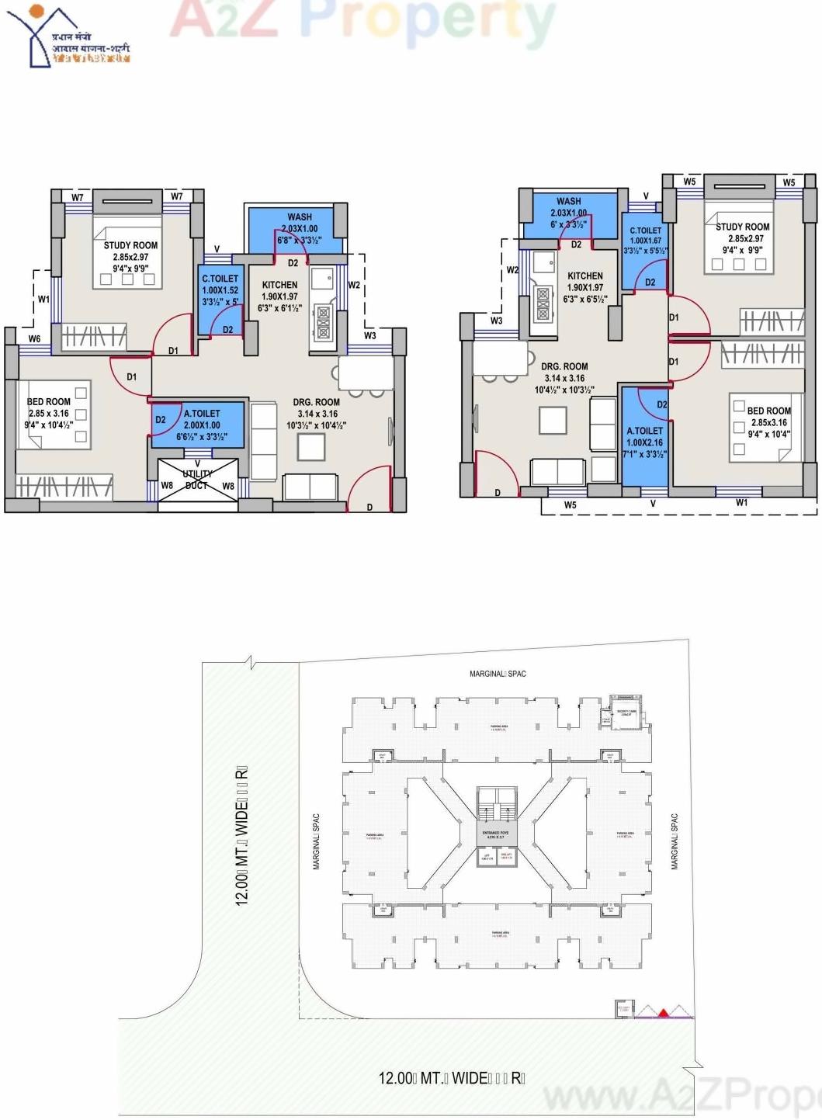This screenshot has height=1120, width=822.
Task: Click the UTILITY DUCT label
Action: [x=197, y=479]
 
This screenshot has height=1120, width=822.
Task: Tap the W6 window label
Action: [x=35, y=338]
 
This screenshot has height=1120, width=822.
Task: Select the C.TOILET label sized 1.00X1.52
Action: [x=220, y=279]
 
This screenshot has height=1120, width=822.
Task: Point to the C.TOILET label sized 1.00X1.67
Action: [x=645, y=231]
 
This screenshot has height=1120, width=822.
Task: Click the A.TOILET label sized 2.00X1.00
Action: [x=202, y=414]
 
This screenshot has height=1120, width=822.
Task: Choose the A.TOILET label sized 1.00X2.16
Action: [x=644, y=431]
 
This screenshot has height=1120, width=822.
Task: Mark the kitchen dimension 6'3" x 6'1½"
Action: [x=279, y=308]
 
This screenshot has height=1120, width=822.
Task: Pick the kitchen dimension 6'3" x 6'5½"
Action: [x=584, y=299]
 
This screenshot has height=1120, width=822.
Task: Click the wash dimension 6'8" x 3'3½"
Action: [x=299, y=241]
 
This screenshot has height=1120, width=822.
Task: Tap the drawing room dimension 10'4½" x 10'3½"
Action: [x=564, y=390]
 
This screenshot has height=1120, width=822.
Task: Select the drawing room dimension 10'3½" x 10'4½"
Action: [x=316, y=425]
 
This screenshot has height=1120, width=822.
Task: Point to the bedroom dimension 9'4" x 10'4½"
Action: [x=48, y=425]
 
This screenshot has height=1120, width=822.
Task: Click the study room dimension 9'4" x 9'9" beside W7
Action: [x=130, y=269]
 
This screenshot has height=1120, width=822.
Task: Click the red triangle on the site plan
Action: [x=664, y=1012]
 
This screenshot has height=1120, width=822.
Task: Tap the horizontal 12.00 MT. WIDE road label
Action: [x=451, y=1078]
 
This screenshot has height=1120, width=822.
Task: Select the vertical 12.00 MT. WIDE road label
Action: [x=241, y=835]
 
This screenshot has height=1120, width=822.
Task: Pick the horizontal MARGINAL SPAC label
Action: [x=498, y=674]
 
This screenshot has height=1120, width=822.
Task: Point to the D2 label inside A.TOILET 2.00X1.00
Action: [x=161, y=419]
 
